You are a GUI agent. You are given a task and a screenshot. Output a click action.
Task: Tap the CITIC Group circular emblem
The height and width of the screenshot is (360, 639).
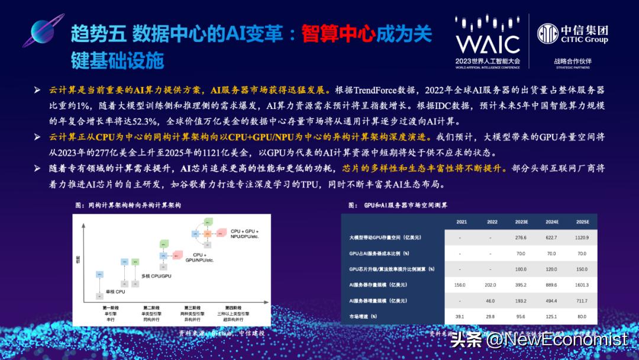[x=547, y=33]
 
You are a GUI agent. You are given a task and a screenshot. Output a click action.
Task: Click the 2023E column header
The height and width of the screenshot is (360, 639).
[x=521, y=221]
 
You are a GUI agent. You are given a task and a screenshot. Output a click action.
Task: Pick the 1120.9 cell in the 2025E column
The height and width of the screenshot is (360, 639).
[x=583, y=237]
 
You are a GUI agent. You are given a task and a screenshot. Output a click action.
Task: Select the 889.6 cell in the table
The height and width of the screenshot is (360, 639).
[x=552, y=285]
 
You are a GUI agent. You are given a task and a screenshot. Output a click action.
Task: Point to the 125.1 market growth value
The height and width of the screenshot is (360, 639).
[x=552, y=317]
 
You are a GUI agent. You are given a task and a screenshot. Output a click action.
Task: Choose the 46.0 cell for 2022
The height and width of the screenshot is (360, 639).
[x=491, y=301]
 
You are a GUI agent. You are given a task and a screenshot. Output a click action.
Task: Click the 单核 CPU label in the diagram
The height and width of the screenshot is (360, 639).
[x=116, y=291]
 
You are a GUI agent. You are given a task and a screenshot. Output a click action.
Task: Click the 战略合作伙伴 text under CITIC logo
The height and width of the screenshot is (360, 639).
[x=572, y=61]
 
